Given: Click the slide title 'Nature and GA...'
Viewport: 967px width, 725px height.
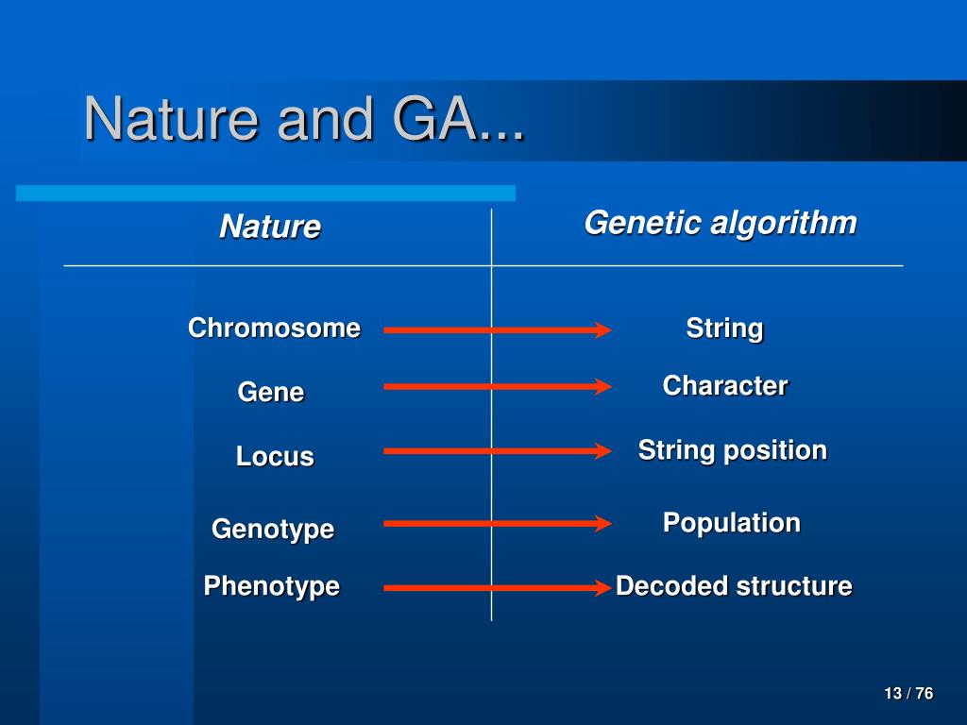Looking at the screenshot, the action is coord(304,119).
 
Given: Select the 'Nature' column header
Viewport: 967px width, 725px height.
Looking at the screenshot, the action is coord(270,227).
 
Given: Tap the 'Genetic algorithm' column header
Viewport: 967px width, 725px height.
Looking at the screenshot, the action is coord(721,223).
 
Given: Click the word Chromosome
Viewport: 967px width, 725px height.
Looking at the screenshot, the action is coord(275,328).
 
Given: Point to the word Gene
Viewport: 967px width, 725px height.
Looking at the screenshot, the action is coord(271,392).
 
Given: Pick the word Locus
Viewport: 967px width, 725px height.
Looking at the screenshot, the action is coord(275,457).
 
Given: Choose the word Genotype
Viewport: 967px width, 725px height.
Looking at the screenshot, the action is coord(273,529).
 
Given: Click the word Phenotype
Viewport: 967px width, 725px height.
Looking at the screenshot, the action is coord(272,586).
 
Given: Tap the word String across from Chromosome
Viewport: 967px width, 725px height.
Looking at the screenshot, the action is coord(724,329).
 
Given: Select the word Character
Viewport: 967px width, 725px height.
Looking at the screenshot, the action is coord(725,386).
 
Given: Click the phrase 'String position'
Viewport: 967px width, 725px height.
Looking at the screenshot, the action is coord(733,450).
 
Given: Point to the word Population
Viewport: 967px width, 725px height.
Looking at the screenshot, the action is coord(732,523).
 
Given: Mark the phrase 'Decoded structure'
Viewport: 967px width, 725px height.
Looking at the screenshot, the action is coord(734,586).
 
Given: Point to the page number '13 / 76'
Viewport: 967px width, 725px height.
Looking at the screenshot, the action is coord(908,694).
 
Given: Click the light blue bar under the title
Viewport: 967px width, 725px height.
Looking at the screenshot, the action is coord(265,193).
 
